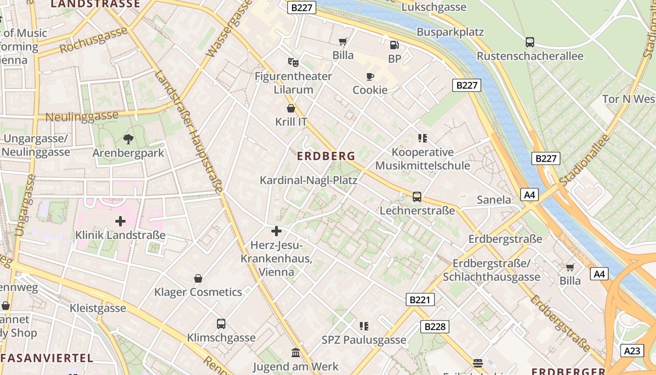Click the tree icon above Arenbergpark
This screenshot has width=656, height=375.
[128, 139]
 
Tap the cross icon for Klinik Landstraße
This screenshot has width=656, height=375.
[120, 221]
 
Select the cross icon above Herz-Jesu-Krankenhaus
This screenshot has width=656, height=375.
[276, 231]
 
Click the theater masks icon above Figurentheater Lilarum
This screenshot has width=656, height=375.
[293, 62]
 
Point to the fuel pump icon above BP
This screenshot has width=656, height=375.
[395, 45]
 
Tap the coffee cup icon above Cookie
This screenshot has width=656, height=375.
[370, 76]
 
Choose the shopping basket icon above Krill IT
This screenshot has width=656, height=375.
[291, 108]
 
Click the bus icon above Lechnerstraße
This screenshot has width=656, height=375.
[417, 197]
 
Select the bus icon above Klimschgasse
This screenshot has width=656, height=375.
[221, 323]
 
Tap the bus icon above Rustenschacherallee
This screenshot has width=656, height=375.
[530, 42]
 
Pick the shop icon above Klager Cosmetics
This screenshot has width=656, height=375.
[198, 278]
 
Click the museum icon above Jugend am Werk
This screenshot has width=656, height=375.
[296, 352]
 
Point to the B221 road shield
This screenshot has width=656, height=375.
[420, 300]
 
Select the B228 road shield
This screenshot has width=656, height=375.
[435, 326]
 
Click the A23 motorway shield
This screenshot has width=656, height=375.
[633, 350]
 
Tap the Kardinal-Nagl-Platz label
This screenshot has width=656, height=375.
[308, 180]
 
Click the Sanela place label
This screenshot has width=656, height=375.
[494, 200]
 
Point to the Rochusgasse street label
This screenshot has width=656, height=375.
[94, 41]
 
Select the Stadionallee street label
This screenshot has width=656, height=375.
[585, 159]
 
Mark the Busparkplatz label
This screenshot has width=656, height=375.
[450, 32]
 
